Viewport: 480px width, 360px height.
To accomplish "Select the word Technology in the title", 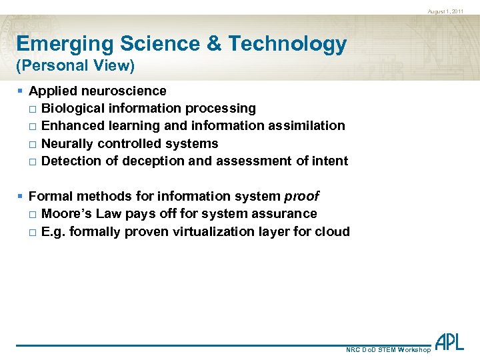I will pyautogui.click(x=287, y=44).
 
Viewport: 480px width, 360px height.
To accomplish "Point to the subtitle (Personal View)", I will pyautogui.click(x=75, y=65).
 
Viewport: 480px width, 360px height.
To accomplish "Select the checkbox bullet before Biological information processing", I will pyautogui.click(x=33, y=109).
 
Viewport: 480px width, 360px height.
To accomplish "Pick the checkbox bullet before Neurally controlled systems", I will pyautogui.click(x=33, y=144).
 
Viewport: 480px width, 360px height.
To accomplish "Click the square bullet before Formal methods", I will pyautogui.click(x=21, y=197).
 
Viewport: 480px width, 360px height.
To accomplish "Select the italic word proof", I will pyautogui.click(x=301, y=197).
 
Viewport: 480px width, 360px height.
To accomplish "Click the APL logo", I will pyautogui.click(x=449, y=342).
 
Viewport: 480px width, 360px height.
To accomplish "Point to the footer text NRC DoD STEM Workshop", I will pyautogui.click(x=389, y=350).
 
